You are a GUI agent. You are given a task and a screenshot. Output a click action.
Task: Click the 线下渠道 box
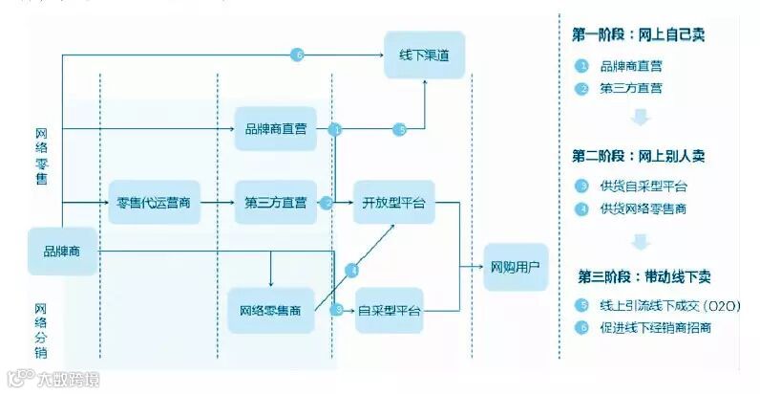424,57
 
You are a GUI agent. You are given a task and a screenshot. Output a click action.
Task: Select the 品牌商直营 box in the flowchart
275,129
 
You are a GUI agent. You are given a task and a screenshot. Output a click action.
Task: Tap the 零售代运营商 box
153,203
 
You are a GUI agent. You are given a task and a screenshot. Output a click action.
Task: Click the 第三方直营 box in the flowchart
275,203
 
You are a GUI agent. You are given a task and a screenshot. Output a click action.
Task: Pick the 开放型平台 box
393,203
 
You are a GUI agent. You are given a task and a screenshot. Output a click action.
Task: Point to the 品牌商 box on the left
62,252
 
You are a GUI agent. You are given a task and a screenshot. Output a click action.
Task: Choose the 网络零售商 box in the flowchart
271,310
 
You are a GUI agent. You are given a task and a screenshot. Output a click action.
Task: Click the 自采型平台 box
390,310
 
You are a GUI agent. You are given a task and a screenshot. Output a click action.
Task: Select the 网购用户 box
516,266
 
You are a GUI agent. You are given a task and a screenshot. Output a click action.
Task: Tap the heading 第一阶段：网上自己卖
639,35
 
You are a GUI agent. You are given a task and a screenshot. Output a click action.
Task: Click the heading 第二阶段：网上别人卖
639,155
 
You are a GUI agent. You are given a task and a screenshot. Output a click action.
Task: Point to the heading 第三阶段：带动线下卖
644,276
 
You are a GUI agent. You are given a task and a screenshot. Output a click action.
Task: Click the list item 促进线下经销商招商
656,328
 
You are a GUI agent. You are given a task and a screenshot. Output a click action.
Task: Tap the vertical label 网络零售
41,156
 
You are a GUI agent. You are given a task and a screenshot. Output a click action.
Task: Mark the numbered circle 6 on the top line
298,55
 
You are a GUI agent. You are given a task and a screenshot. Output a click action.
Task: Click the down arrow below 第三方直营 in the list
641,118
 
